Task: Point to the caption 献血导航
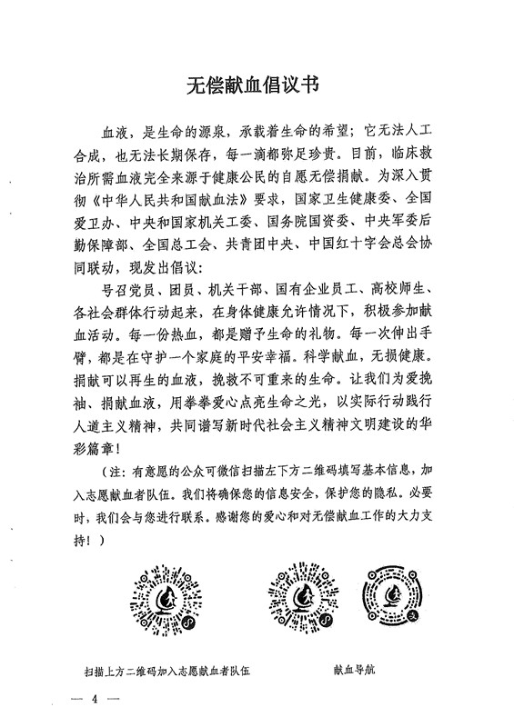361,673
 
